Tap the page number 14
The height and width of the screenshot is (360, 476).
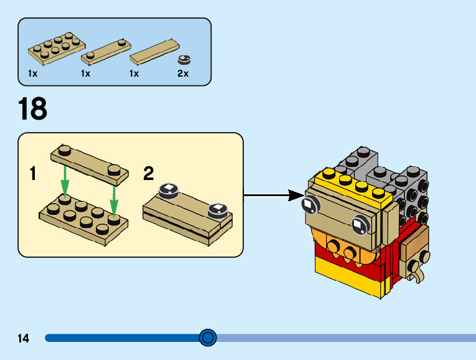pos(24,339)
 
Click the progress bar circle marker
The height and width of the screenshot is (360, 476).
pos(208,338)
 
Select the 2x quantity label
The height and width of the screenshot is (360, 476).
pos(183,73)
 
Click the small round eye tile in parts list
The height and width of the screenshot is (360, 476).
pos(184,59)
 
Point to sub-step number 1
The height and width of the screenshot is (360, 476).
pos(33,174)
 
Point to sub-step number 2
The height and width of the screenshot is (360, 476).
pos(149,174)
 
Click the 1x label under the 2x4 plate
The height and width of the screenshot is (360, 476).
pos(33,73)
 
